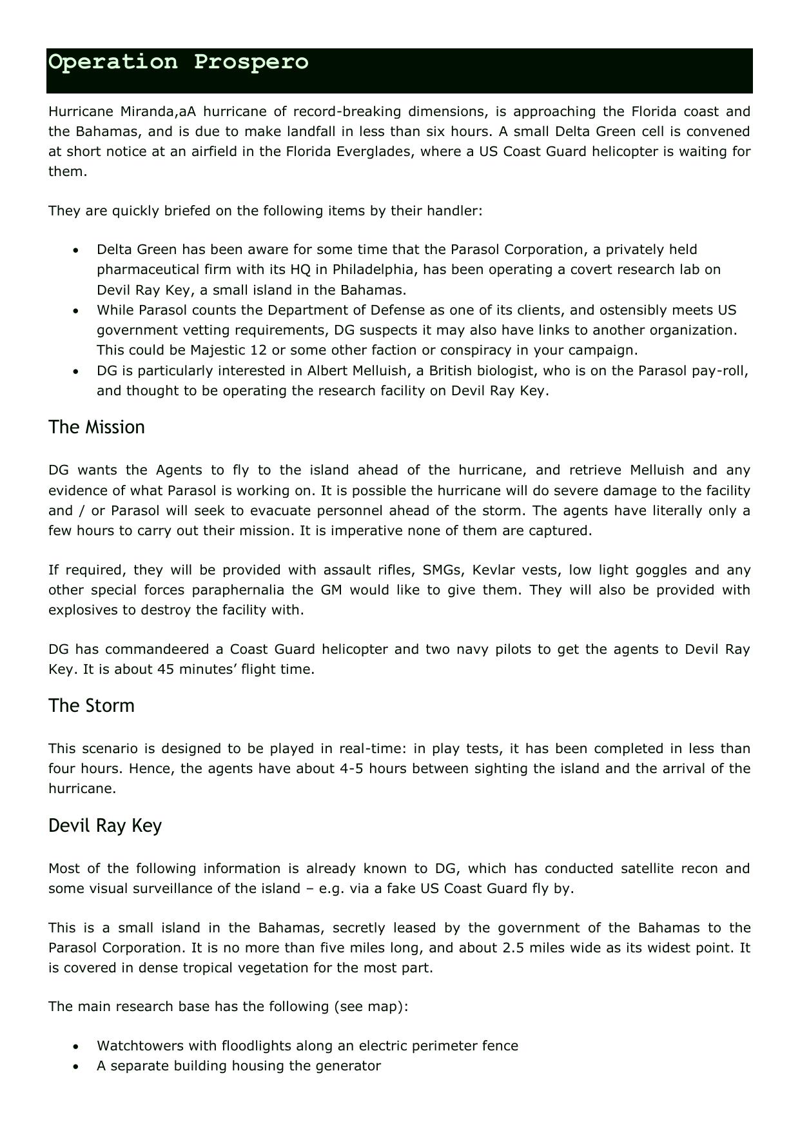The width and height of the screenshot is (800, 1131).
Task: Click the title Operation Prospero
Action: [179, 63]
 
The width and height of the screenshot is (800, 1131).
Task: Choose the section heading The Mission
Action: [97, 428]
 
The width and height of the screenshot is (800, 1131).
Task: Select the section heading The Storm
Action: [92, 706]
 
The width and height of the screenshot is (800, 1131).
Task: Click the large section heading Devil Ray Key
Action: [105, 826]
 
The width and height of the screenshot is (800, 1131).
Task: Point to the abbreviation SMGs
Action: [442, 570]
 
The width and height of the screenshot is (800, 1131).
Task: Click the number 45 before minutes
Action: [166, 669]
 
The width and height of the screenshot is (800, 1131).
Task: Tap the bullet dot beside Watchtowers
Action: [77, 1047]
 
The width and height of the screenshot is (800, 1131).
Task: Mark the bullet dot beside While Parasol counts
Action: [77, 311]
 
